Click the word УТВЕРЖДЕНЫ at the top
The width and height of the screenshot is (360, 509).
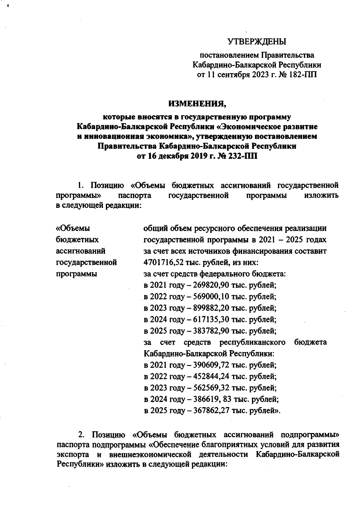pos(256,42)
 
